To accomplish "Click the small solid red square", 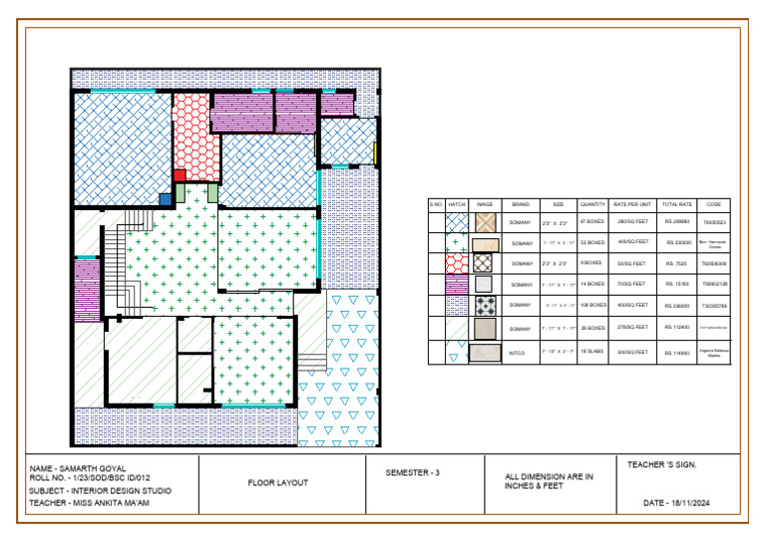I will (x=180, y=176).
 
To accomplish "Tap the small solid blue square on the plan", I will (x=166, y=199).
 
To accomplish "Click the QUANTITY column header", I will (x=593, y=202).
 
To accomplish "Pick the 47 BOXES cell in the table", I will (x=593, y=222).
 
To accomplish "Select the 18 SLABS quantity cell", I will (x=593, y=352).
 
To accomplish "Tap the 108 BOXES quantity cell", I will (x=593, y=305).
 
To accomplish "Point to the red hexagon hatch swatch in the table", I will (x=457, y=263).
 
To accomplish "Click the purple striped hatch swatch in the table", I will (x=457, y=284).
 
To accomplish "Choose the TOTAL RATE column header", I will (x=677, y=202).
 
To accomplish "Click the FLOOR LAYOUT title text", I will (x=277, y=483).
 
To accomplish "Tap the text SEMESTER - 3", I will (x=412, y=472).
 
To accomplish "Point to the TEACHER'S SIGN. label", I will (x=661, y=464).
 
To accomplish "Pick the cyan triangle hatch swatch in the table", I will (x=457, y=352).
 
